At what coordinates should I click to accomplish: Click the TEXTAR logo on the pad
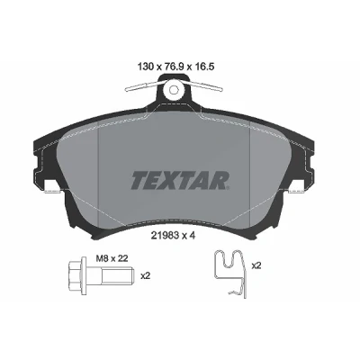180,180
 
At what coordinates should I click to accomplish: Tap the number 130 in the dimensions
146,67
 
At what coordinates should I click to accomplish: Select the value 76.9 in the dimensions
174,67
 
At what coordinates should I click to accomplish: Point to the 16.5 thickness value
203,67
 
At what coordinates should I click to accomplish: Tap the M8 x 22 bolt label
112,258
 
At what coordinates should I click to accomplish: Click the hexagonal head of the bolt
75,275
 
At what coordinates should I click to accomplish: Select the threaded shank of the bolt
117,275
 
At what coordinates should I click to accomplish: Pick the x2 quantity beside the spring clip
256,265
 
